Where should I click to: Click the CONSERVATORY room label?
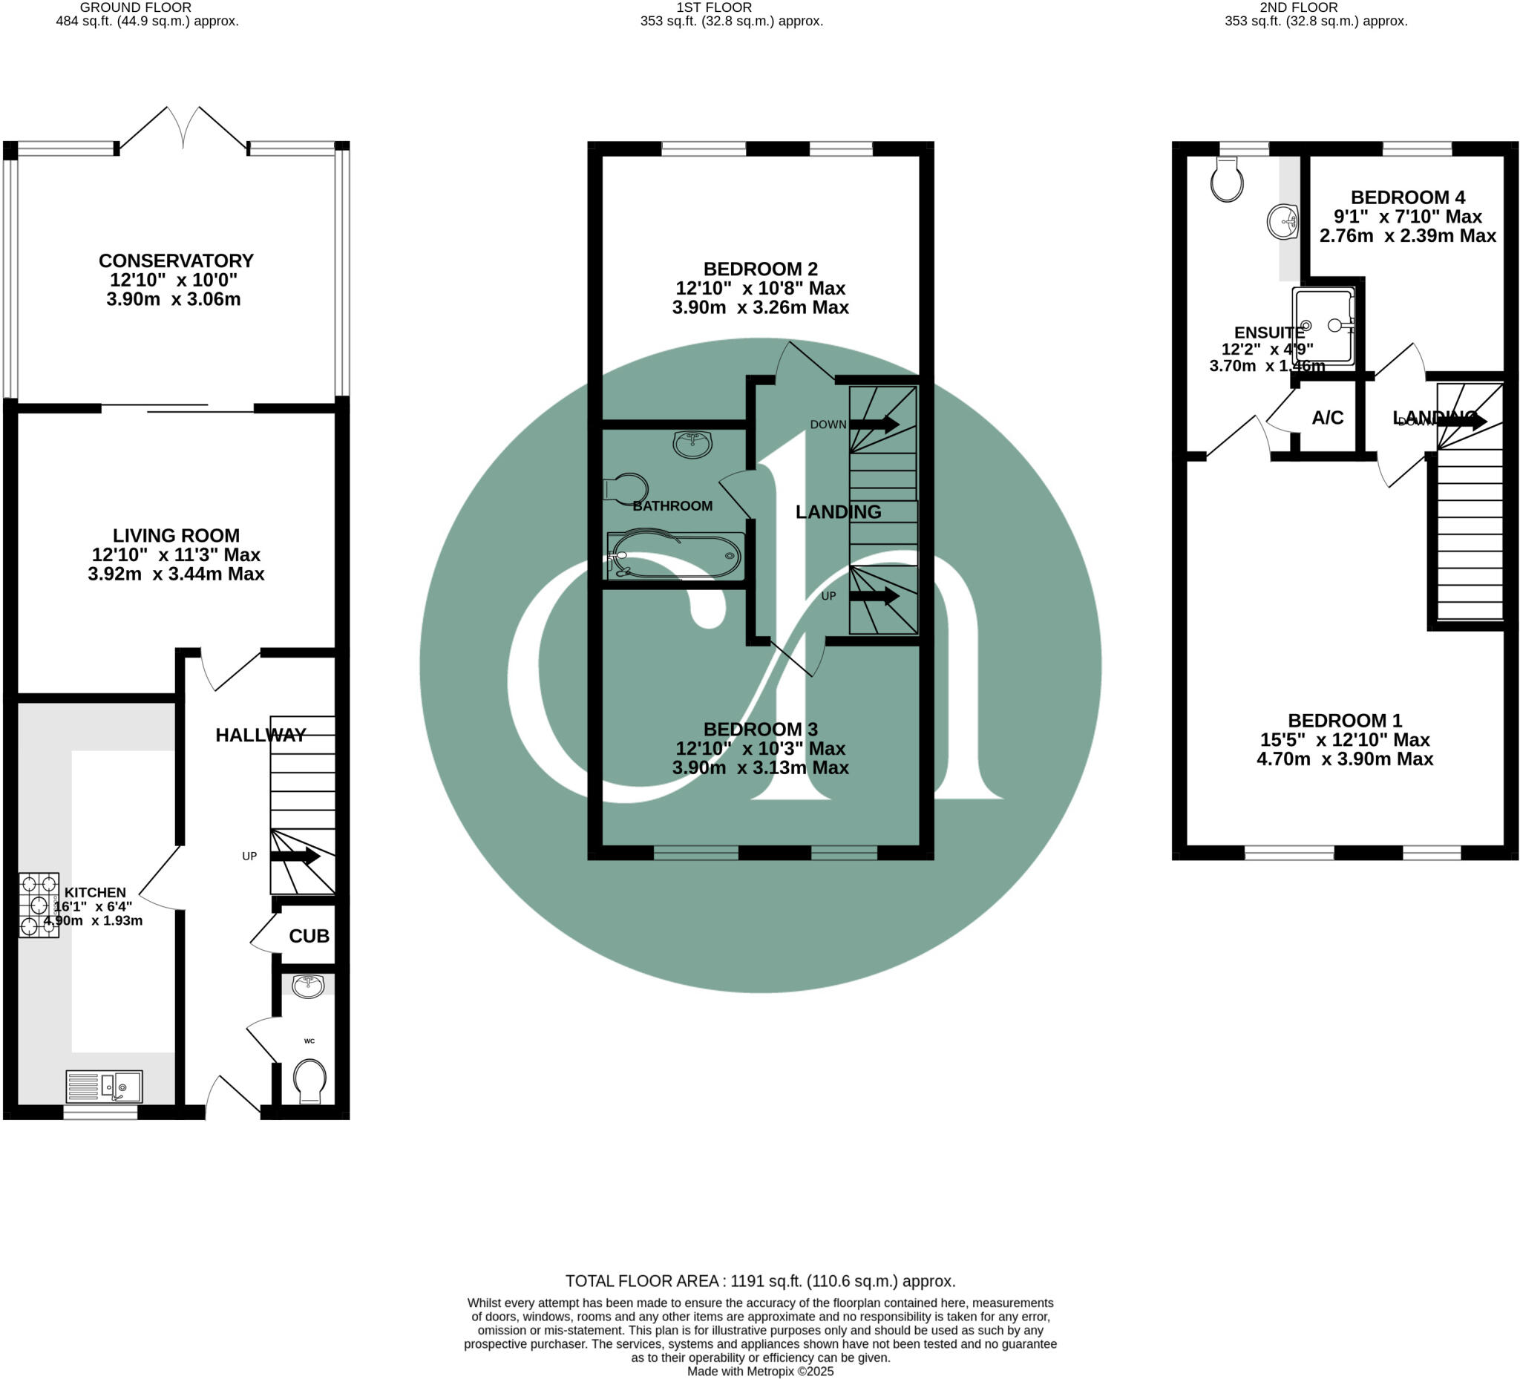(176, 261)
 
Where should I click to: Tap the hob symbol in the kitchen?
(39, 905)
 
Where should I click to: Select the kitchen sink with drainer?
(103, 1087)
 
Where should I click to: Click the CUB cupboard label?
(309, 936)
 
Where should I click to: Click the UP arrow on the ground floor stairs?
(295, 856)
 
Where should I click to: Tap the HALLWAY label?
(261, 735)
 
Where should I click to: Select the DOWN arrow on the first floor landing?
(874, 424)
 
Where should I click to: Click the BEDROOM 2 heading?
(760, 269)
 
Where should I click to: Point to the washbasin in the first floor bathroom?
(692, 444)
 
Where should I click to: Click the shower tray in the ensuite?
(1323, 326)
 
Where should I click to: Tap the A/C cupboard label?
(1328, 418)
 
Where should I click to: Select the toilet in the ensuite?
(1227, 180)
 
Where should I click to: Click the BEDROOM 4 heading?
(1408, 197)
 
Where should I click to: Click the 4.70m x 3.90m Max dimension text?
(1344, 759)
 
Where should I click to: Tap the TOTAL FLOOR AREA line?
(760, 1281)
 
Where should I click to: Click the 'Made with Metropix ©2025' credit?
(760, 1372)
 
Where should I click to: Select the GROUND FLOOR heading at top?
(136, 7)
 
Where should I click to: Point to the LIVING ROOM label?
(176, 535)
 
